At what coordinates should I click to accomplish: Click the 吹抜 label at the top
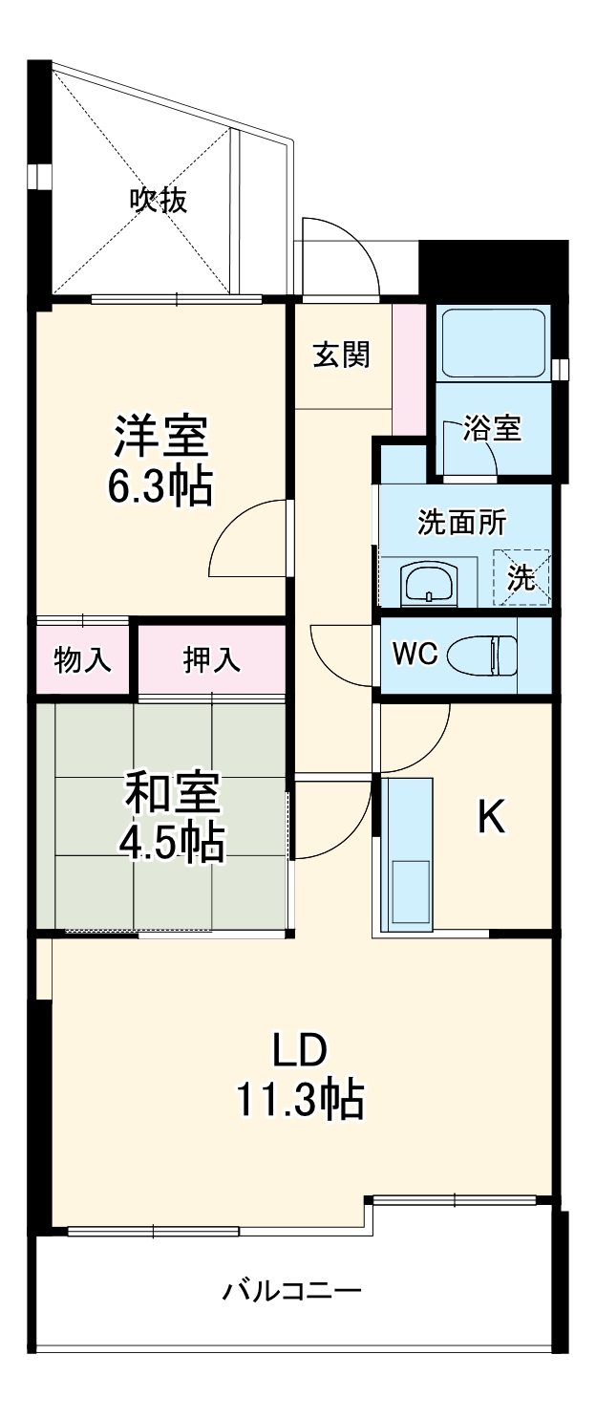click(159, 201)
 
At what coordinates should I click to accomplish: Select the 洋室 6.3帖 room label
click(161, 461)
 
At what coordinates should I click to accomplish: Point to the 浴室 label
click(492, 429)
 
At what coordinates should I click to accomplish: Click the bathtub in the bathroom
click(492, 343)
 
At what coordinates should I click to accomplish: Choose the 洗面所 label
click(461, 523)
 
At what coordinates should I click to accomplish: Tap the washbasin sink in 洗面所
click(429, 582)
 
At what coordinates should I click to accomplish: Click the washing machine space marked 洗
click(521, 576)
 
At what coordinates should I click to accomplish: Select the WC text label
click(415, 655)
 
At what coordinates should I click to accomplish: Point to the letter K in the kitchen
click(491, 816)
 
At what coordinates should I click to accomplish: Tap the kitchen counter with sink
click(409, 853)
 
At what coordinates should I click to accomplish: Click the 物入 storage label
click(82, 659)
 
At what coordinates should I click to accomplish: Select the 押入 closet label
click(212, 659)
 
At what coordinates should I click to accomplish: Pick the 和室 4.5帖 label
click(172, 817)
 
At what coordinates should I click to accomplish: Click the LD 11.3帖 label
click(300, 1076)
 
